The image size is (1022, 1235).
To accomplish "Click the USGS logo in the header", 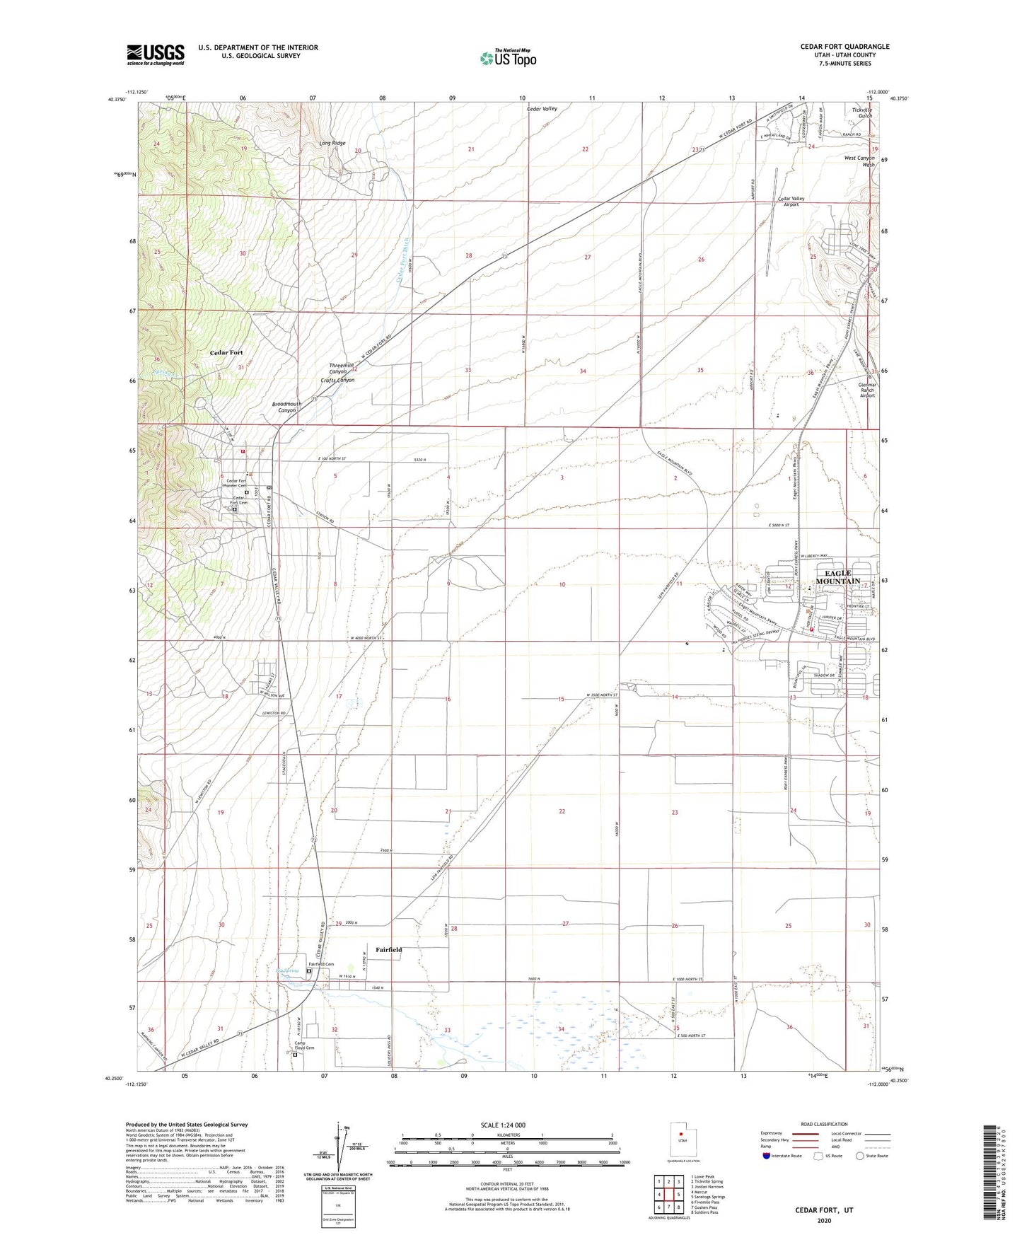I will [155, 54].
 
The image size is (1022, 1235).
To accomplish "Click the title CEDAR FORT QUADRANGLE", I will [844, 47].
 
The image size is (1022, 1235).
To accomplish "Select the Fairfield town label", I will [388, 950].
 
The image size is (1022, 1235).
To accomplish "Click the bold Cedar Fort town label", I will [226, 352].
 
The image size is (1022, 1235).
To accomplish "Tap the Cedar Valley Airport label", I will [791, 202].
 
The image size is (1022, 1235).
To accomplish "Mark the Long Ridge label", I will [332, 144].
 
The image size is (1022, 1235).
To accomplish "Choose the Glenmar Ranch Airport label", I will [866, 390].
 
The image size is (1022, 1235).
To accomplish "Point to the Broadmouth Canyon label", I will [286, 407].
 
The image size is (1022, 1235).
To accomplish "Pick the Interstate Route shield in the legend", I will [767, 1156].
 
